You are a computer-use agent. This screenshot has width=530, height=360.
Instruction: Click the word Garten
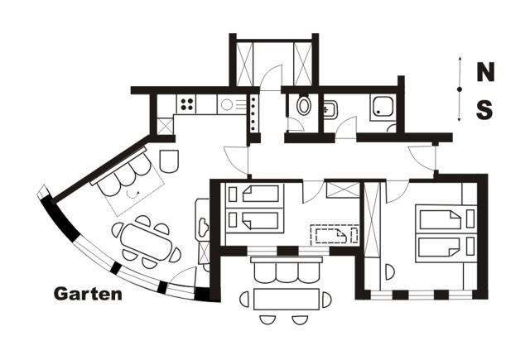click(88, 294)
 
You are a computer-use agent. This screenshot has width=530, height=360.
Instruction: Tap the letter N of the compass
click(485, 72)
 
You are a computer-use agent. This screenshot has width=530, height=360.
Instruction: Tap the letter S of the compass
click(484, 110)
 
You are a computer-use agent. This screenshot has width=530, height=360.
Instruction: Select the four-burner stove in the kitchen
click(186, 103)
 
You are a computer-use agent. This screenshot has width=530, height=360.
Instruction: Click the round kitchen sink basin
click(227, 104)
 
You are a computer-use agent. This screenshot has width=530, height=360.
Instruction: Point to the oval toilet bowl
click(304, 105)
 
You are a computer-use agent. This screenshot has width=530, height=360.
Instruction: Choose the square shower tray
click(383, 107)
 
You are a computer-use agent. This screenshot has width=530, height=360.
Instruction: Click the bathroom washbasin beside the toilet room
click(330, 109)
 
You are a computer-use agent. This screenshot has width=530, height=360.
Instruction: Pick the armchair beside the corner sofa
click(169, 161)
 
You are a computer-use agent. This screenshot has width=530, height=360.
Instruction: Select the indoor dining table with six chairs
click(146, 242)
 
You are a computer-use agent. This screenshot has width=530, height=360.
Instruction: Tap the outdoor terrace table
click(287, 300)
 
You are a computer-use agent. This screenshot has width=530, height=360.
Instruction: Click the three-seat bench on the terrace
click(287, 270)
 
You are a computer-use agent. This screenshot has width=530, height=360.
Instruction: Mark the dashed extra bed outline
click(335, 234)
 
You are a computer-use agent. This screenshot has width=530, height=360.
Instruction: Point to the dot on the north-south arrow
click(460, 89)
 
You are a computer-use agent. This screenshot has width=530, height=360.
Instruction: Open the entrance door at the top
click(271, 78)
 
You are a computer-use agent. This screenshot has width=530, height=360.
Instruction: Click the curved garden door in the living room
click(182, 277)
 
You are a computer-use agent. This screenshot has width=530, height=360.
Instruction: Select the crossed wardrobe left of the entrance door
click(244, 65)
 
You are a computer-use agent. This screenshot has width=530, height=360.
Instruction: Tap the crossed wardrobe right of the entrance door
click(302, 65)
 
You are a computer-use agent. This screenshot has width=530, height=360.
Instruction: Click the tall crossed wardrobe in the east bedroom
click(373, 219)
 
